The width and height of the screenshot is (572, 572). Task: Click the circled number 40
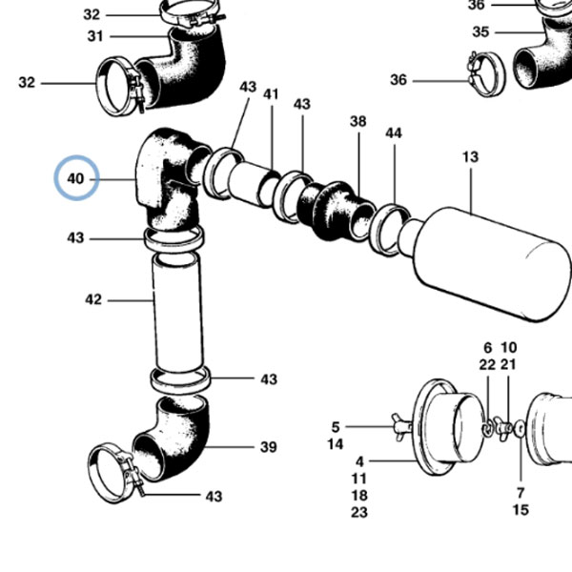(76, 179)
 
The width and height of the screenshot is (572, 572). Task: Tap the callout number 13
(470, 157)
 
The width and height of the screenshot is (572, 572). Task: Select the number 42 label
(93, 299)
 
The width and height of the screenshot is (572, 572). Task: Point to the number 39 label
(269, 447)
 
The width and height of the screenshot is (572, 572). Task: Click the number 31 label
(95, 36)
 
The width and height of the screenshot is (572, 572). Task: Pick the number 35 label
(480, 31)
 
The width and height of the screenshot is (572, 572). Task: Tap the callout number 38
(357, 121)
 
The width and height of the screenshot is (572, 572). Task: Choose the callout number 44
(394, 133)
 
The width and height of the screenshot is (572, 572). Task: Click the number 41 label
(271, 94)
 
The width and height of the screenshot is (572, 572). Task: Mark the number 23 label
(359, 512)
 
